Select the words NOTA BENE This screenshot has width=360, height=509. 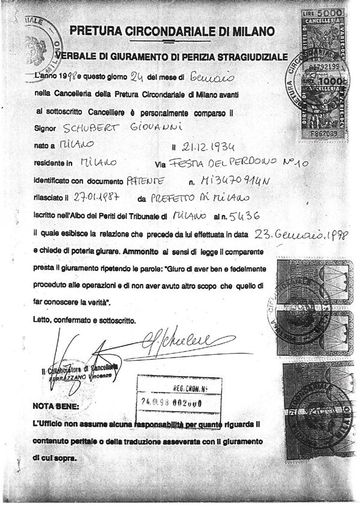pos(55,406)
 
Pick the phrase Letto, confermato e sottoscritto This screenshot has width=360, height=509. pos(84,320)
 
